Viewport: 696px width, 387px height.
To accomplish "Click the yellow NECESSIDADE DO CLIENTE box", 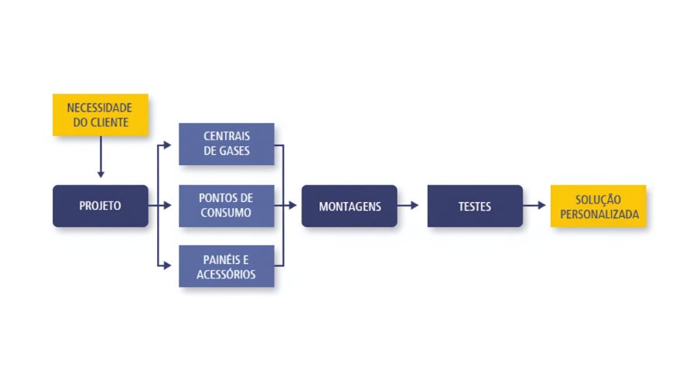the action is click(x=101, y=115).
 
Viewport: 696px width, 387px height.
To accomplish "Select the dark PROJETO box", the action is click(x=101, y=206).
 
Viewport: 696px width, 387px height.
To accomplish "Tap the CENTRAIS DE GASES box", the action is click(x=227, y=144).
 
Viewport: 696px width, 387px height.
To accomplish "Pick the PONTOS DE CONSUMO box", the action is click(x=227, y=206).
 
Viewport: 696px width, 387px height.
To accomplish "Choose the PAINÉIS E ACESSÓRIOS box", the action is click(x=227, y=266).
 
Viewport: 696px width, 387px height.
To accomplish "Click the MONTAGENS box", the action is click(x=350, y=206).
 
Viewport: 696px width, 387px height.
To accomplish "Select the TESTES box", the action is click(x=475, y=206).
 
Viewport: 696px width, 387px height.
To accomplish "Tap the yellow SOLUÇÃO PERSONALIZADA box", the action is click(x=599, y=206).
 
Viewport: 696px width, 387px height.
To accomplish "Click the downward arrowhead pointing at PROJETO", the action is click(x=101, y=175).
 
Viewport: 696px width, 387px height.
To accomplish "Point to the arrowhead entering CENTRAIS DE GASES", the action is click(x=168, y=145).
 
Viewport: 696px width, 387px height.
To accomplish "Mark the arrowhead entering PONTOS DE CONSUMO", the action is click(x=168, y=205).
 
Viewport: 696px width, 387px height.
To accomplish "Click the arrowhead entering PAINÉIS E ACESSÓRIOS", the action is click(x=168, y=265).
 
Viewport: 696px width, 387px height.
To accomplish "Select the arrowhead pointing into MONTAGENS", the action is click(x=293, y=205).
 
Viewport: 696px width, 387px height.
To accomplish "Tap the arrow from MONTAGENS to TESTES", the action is click(x=408, y=205).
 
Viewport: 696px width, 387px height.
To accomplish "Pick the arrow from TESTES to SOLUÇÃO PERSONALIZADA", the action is click(x=534, y=205).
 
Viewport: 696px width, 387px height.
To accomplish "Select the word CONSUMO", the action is click(x=226, y=212).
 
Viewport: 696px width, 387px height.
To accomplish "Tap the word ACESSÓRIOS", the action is click(x=226, y=274).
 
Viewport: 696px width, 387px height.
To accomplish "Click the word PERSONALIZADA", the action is click(x=599, y=214).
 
